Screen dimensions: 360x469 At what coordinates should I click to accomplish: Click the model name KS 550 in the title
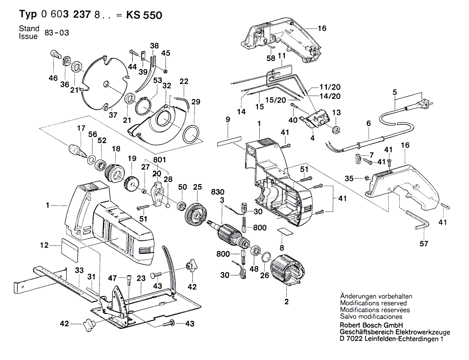(144, 15)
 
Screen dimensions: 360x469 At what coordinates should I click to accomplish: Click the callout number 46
(54, 78)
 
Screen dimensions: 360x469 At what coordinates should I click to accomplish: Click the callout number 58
(271, 58)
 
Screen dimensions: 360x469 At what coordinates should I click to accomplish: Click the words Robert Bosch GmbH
(370, 325)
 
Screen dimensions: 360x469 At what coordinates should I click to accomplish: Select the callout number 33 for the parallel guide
(79, 270)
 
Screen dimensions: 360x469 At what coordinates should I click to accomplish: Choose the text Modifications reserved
(373, 303)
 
